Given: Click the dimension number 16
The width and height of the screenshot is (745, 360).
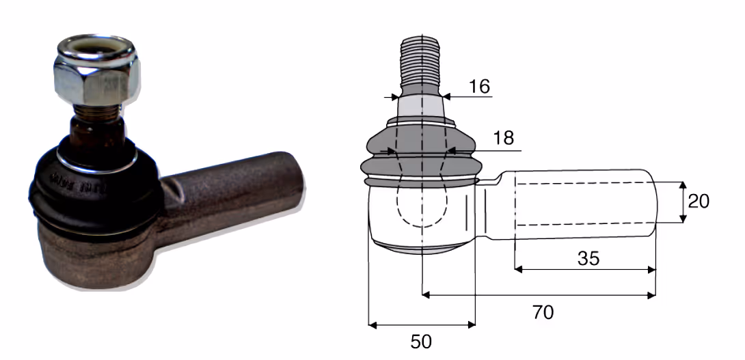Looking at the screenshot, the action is click(x=479, y=87).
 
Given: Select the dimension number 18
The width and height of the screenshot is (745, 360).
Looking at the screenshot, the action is click(x=504, y=138).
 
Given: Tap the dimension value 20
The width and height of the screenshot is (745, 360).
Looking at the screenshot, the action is click(x=699, y=202).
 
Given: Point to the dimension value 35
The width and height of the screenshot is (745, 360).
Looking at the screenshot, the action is click(x=588, y=258).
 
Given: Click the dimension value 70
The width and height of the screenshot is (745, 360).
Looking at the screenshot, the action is click(x=543, y=312).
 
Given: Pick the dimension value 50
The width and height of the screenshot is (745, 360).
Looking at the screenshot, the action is click(x=421, y=342).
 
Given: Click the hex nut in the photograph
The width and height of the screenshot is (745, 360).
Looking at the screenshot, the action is click(x=97, y=79).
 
